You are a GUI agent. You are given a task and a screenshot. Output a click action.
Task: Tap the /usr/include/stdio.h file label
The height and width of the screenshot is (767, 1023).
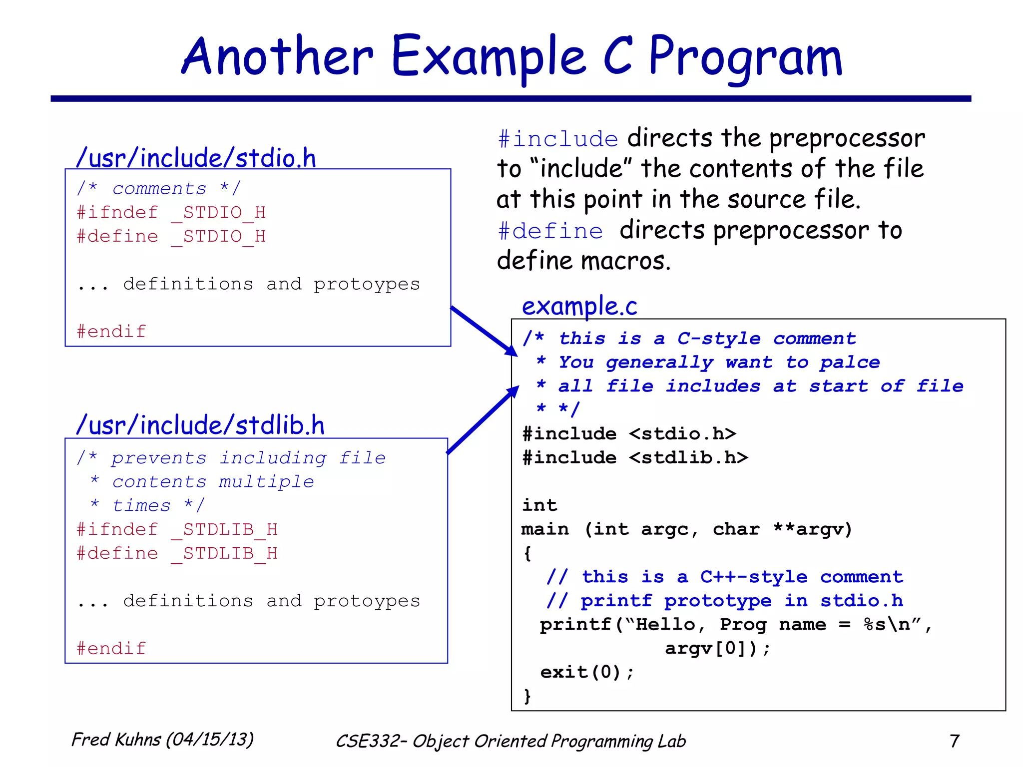196,158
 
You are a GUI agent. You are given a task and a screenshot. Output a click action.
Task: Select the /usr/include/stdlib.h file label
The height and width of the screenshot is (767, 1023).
200,425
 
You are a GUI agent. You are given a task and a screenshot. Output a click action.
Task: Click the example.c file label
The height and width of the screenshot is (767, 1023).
579,306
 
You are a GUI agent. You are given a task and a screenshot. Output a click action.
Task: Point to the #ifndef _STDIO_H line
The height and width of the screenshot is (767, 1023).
171,212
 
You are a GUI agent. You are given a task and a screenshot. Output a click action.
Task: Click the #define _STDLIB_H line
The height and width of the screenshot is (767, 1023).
177,553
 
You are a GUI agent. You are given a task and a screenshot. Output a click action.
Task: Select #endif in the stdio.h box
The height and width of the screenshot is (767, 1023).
111,331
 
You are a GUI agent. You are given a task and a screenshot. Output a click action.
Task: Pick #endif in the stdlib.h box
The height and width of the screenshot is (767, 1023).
111,648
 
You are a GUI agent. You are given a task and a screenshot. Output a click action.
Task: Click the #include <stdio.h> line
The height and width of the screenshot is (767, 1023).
629,433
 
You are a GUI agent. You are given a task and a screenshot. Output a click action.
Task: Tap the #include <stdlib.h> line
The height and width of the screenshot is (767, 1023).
635,457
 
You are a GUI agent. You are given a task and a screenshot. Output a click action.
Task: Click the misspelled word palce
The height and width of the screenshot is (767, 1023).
850,362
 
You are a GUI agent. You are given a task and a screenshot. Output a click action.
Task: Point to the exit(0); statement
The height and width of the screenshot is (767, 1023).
586,672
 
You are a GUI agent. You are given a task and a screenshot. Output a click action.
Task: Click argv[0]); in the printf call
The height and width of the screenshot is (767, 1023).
717,648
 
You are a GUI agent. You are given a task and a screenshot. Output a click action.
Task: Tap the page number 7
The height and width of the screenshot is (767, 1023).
954,741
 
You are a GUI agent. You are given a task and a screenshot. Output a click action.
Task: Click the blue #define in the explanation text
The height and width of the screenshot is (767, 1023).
550,231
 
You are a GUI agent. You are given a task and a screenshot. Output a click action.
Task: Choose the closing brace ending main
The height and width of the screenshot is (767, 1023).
527,696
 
